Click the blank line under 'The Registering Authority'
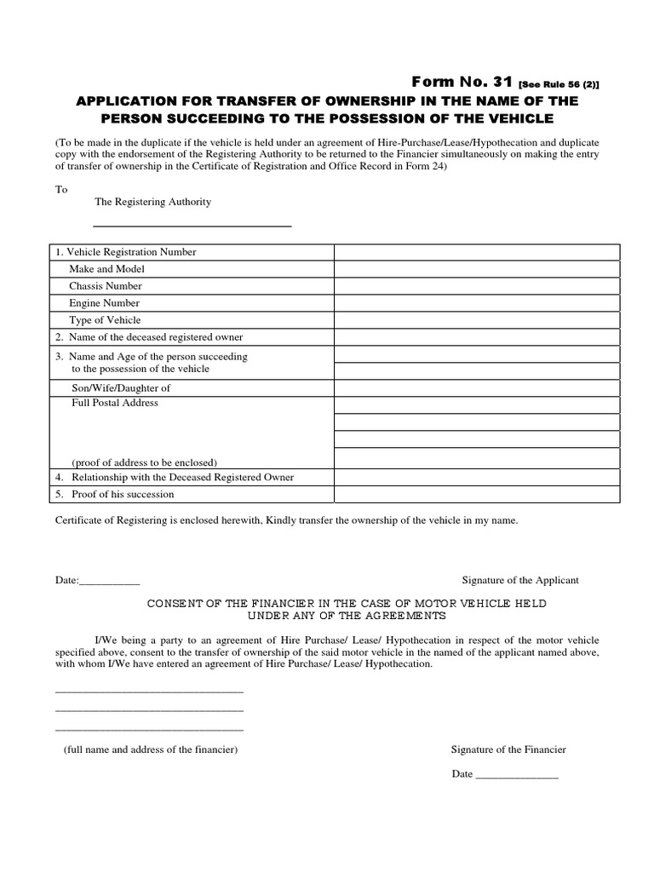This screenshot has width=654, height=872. [192, 226]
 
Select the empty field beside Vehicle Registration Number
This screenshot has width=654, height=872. [477, 252]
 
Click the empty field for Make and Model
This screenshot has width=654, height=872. [477, 269]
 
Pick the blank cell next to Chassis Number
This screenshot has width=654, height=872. [477, 286]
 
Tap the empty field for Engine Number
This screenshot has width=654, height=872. [477, 303]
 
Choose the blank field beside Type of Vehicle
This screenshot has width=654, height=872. [477, 320]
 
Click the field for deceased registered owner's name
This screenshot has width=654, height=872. [477, 337]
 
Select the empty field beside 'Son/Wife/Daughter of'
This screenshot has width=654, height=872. [477, 387]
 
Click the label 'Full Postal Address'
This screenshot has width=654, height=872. [115, 403]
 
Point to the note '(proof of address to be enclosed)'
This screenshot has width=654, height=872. [144, 462]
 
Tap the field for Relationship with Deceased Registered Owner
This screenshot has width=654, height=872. [477, 478]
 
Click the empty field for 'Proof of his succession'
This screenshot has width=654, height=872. [477, 495]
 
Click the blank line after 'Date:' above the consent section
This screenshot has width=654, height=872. [109, 582]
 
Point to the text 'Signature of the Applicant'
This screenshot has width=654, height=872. [519, 580]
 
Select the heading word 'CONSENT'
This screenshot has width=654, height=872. [175, 603]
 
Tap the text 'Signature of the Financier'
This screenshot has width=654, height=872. [508, 749]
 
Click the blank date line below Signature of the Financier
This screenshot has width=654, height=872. [516, 776]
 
